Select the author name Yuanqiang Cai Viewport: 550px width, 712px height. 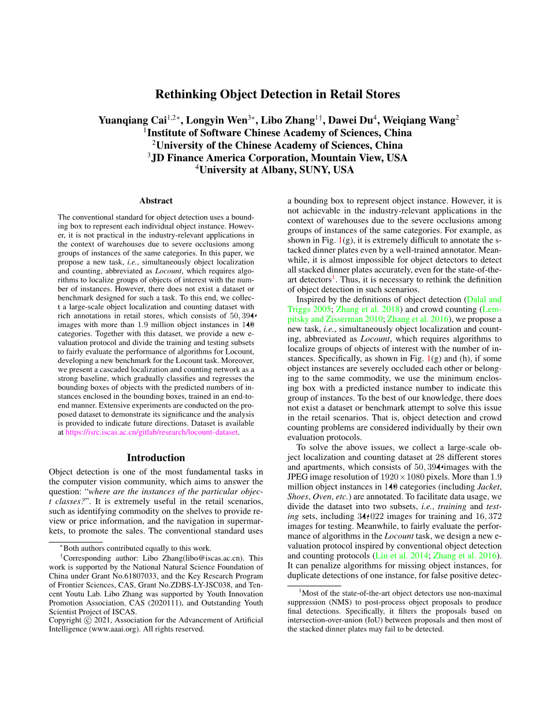132,121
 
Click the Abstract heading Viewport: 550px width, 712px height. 156,201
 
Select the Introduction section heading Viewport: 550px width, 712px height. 156,458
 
